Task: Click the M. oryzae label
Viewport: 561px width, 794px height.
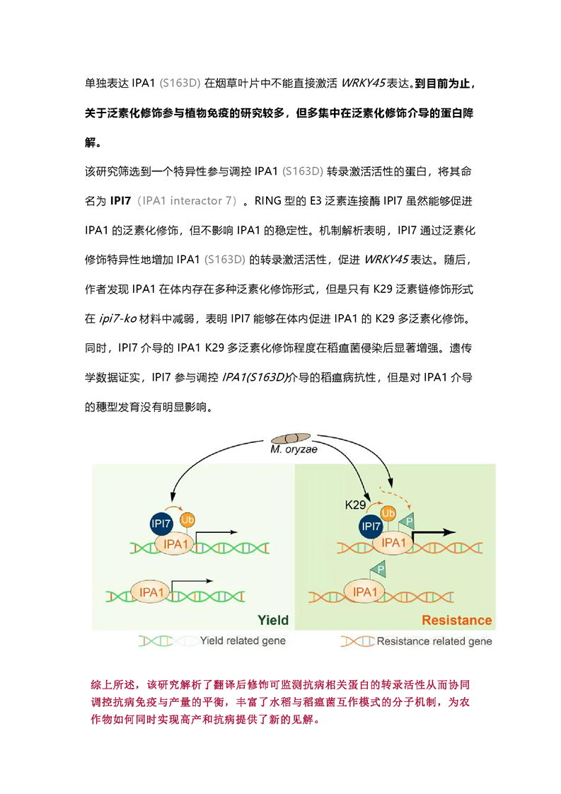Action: click(294, 449)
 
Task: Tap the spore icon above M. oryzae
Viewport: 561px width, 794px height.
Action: click(291, 438)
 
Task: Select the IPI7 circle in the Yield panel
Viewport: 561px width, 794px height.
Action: click(161, 524)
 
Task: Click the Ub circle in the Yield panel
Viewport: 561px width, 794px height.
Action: click(187, 519)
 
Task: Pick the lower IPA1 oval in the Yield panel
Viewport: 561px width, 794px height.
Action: click(151, 592)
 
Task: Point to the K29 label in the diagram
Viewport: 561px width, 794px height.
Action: click(355, 505)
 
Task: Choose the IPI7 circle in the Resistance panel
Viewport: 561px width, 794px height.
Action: click(371, 526)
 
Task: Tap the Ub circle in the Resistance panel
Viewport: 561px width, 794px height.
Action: click(388, 514)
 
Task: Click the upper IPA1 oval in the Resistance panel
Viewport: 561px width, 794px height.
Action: click(393, 543)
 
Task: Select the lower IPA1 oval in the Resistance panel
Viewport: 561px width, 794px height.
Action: click(364, 592)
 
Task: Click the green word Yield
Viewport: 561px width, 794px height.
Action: click(273, 621)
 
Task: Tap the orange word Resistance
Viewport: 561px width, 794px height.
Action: click(457, 621)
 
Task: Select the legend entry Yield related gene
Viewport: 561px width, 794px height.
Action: click(212, 641)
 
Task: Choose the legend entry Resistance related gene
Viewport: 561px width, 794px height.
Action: click(416, 642)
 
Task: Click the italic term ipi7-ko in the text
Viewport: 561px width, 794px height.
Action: click(118, 318)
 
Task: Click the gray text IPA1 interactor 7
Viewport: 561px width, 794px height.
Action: click(187, 201)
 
